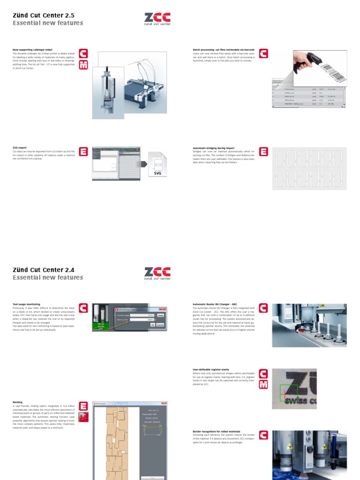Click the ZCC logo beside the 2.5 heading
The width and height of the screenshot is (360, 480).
tap(157, 19)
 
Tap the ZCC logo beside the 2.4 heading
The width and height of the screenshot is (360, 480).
tap(157, 274)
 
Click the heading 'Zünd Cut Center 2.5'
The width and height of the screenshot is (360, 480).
tap(43, 15)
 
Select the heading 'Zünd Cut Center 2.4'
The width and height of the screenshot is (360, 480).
tap(43, 270)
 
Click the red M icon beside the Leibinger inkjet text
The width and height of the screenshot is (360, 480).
tap(83, 65)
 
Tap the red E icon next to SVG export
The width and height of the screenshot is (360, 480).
tap(83, 152)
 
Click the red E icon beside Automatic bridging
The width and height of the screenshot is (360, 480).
tap(263, 152)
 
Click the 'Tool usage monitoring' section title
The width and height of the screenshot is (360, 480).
tap(26, 304)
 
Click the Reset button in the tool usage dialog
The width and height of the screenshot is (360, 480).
tap(160, 315)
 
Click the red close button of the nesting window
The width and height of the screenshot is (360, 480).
tap(163, 403)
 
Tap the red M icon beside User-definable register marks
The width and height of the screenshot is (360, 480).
tap(263, 384)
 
